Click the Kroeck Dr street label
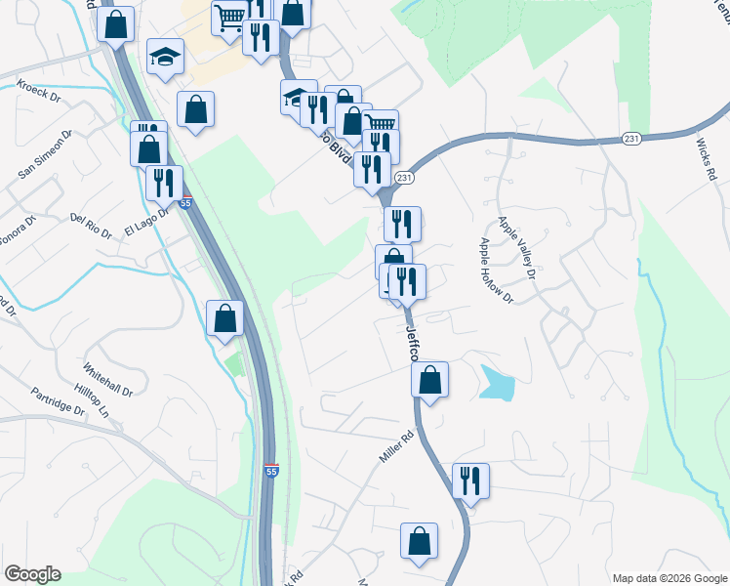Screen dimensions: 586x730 (x=38, y=94)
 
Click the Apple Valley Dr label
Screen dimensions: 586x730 (x=517, y=247)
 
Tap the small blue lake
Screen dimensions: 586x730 (x=496, y=382)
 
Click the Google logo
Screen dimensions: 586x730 (x=32, y=574)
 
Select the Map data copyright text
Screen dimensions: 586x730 (x=669, y=578)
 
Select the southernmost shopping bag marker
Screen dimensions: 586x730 (x=419, y=541)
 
